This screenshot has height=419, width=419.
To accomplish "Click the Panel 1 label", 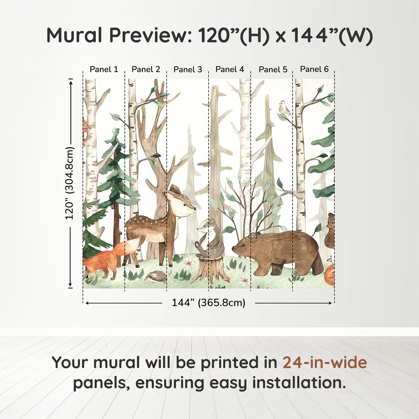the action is click(x=104, y=69).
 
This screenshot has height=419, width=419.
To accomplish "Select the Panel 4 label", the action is click(x=230, y=69).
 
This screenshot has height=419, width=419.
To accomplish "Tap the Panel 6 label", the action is click(x=314, y=69).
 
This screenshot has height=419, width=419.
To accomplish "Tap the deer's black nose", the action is click(x=195, y=209).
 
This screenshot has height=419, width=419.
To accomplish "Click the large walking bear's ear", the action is click(x=252, y=236).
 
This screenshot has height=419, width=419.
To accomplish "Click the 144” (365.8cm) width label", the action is click(x=209, y=303).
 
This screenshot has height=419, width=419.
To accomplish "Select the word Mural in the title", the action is click(x=74, y=35).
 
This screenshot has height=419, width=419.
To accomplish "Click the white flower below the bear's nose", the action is click(x=245, y=280).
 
